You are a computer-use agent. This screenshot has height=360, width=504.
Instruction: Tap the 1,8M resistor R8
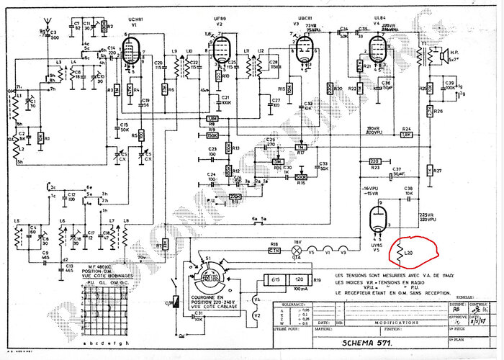212,119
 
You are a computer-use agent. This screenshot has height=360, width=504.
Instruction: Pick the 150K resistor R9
212,135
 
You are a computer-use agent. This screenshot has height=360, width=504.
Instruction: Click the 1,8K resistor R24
406,135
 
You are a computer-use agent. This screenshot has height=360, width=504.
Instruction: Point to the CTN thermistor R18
274,251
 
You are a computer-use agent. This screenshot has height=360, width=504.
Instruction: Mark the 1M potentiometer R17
303,147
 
